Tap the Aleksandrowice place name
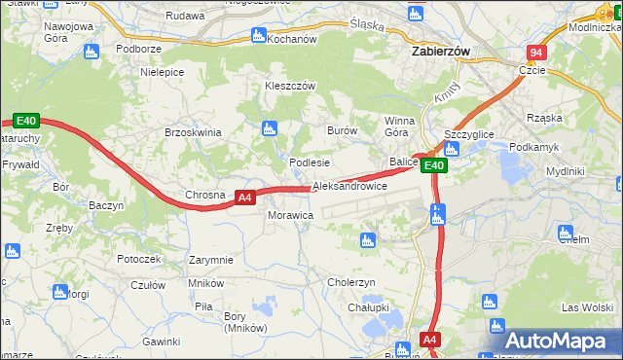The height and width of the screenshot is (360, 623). tap(349, 186)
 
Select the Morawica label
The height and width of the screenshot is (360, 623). tap(290, 214)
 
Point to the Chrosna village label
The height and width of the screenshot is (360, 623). tap(205, 195)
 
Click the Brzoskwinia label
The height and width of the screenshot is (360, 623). tap(194, 132)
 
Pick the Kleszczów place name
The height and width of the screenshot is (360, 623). tap(291, 86)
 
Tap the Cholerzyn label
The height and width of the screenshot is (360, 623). tap(351, 282)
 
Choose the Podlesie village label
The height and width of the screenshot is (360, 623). tap(310, 162)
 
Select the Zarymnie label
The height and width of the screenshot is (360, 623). tap(211, 260)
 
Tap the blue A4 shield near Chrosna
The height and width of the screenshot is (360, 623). tap(245, 198)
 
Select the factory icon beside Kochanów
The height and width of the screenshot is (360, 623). tap(258, 35)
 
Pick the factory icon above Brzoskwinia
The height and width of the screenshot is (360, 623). tap(269, 127)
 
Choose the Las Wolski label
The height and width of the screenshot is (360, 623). tap(586, 307)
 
